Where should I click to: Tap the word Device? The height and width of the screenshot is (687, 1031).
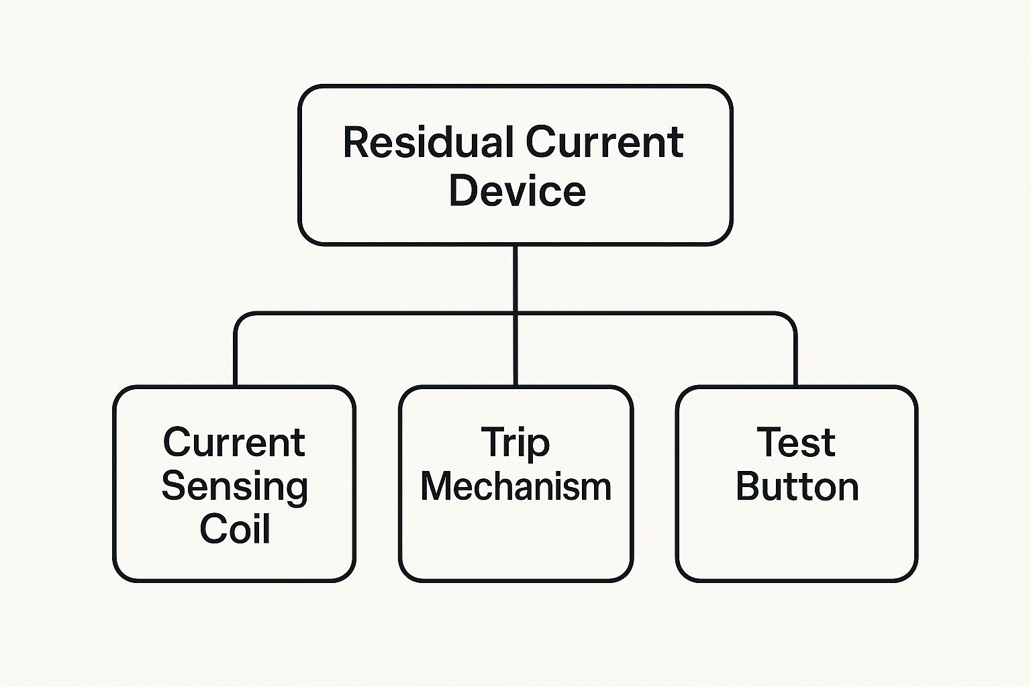(x=517, y=191)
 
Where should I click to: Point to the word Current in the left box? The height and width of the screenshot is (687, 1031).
(x=234, y=443)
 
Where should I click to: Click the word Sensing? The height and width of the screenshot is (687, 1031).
(x=234, y=487)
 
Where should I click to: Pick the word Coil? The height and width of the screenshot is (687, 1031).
(x=234, y=529)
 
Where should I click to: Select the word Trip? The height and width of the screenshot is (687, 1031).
(x=515, y=444)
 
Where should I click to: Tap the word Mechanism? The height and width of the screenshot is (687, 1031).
(x=515, y=486)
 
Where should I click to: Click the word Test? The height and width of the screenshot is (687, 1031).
(x=796, y=443)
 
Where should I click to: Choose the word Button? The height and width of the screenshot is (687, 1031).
(x=797, y=487)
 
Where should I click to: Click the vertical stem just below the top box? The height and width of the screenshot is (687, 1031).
(x=515, y=275)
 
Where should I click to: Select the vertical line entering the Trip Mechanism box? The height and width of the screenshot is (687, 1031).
(x=515, y=356)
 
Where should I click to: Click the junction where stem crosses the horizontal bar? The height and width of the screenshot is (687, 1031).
(x=515, y=313)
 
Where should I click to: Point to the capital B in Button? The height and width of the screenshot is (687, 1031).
(x=749, y=487)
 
